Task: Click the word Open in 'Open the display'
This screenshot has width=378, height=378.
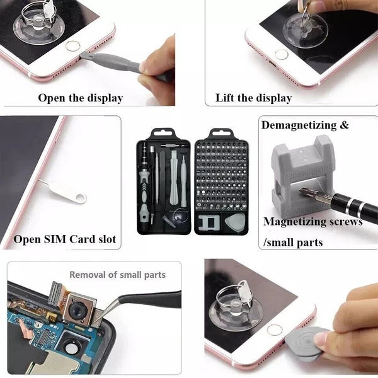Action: (52, 98)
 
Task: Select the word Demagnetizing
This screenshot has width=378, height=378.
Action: (299, 125)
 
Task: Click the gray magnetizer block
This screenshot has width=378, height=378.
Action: (301, 176)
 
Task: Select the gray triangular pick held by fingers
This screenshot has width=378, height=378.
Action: (306, 343)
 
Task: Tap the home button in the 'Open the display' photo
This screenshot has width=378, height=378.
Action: (72, 46)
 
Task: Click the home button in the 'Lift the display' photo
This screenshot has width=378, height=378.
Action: (282, 54)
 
